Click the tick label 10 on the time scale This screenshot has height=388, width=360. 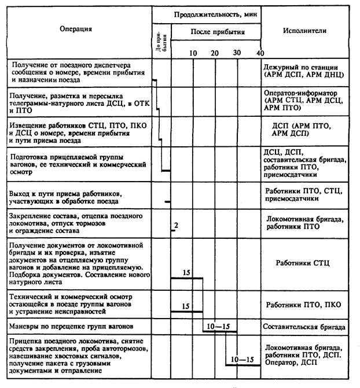click(193, 53)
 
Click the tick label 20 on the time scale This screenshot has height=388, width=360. click(214, 53)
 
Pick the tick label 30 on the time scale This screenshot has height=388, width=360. click(236, 53)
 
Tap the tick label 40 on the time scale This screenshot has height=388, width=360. click(259, 53)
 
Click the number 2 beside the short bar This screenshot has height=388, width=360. click(175, 224)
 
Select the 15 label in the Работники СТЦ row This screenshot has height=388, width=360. click(186, 272)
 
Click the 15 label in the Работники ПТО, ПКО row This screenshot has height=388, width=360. click(186, 306)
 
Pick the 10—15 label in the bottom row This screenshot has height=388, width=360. click(242, 359)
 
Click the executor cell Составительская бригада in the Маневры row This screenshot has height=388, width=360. click(305, 326)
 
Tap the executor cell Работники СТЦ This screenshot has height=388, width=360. click(305, 263)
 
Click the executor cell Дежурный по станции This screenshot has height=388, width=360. click(305, 68)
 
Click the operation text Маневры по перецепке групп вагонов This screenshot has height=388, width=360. click(73, 326)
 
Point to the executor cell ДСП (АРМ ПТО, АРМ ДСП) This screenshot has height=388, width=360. click(305, 128)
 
